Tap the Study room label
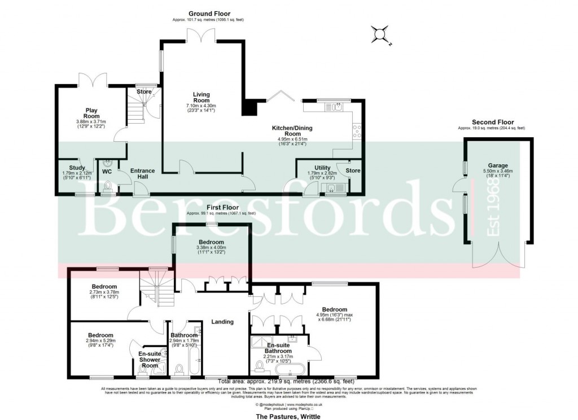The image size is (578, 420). [77, 168]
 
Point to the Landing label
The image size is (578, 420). [222, 322]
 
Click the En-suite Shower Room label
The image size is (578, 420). [150, 360]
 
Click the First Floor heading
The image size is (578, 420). [222, 208]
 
